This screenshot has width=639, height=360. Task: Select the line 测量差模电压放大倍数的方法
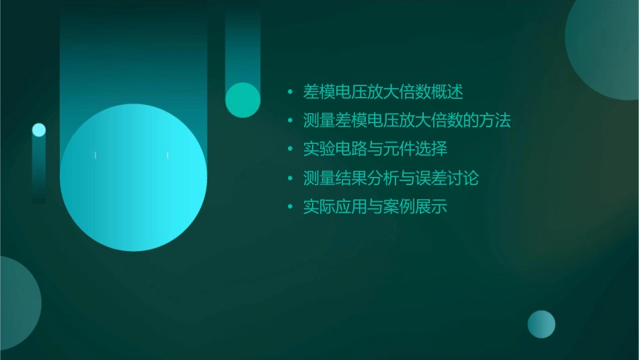coord(407,120)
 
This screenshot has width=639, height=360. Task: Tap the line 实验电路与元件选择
coord(375,149)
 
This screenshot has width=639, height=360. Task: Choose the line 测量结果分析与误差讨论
coord(391,178)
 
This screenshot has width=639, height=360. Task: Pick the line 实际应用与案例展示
coord(375,207)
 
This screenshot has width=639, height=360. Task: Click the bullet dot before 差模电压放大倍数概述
coord(290,92)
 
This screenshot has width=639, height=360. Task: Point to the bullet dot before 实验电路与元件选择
coord(290,149)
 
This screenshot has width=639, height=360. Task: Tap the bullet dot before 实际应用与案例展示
coord(290,207)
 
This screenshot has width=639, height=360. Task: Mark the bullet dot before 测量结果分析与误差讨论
coord(290,178)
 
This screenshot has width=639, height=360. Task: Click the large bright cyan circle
coord(133,178)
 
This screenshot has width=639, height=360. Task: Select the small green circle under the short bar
coord(243,100)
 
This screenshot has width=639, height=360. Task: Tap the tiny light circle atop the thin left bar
coord(39,130)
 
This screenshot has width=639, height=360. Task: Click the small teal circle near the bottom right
coord(541,324)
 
